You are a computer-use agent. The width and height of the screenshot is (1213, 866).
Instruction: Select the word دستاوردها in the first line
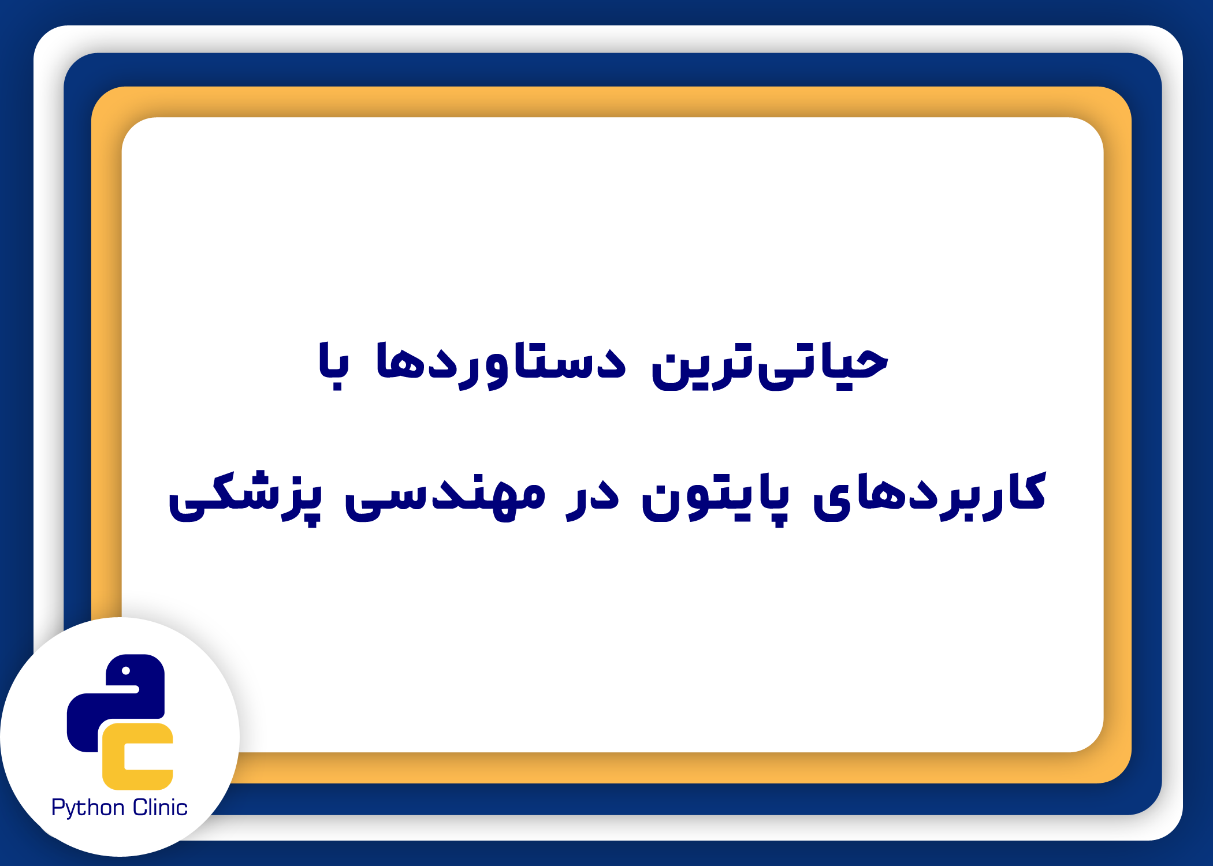coord(501,365)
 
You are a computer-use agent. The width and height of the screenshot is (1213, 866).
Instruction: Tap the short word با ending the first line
coord(334,365)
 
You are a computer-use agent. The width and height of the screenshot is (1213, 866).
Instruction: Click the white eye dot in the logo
coord(125,671)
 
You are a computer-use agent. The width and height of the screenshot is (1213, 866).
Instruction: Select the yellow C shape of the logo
coord(137,756)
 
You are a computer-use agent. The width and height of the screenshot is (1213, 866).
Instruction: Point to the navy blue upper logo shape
coord(116,701)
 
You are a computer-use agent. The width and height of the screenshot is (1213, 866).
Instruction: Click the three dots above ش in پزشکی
coord(254,479)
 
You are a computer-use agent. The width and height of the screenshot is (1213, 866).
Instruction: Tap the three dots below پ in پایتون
coord(778,521)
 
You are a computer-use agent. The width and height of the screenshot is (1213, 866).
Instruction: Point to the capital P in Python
coord(58,807)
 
